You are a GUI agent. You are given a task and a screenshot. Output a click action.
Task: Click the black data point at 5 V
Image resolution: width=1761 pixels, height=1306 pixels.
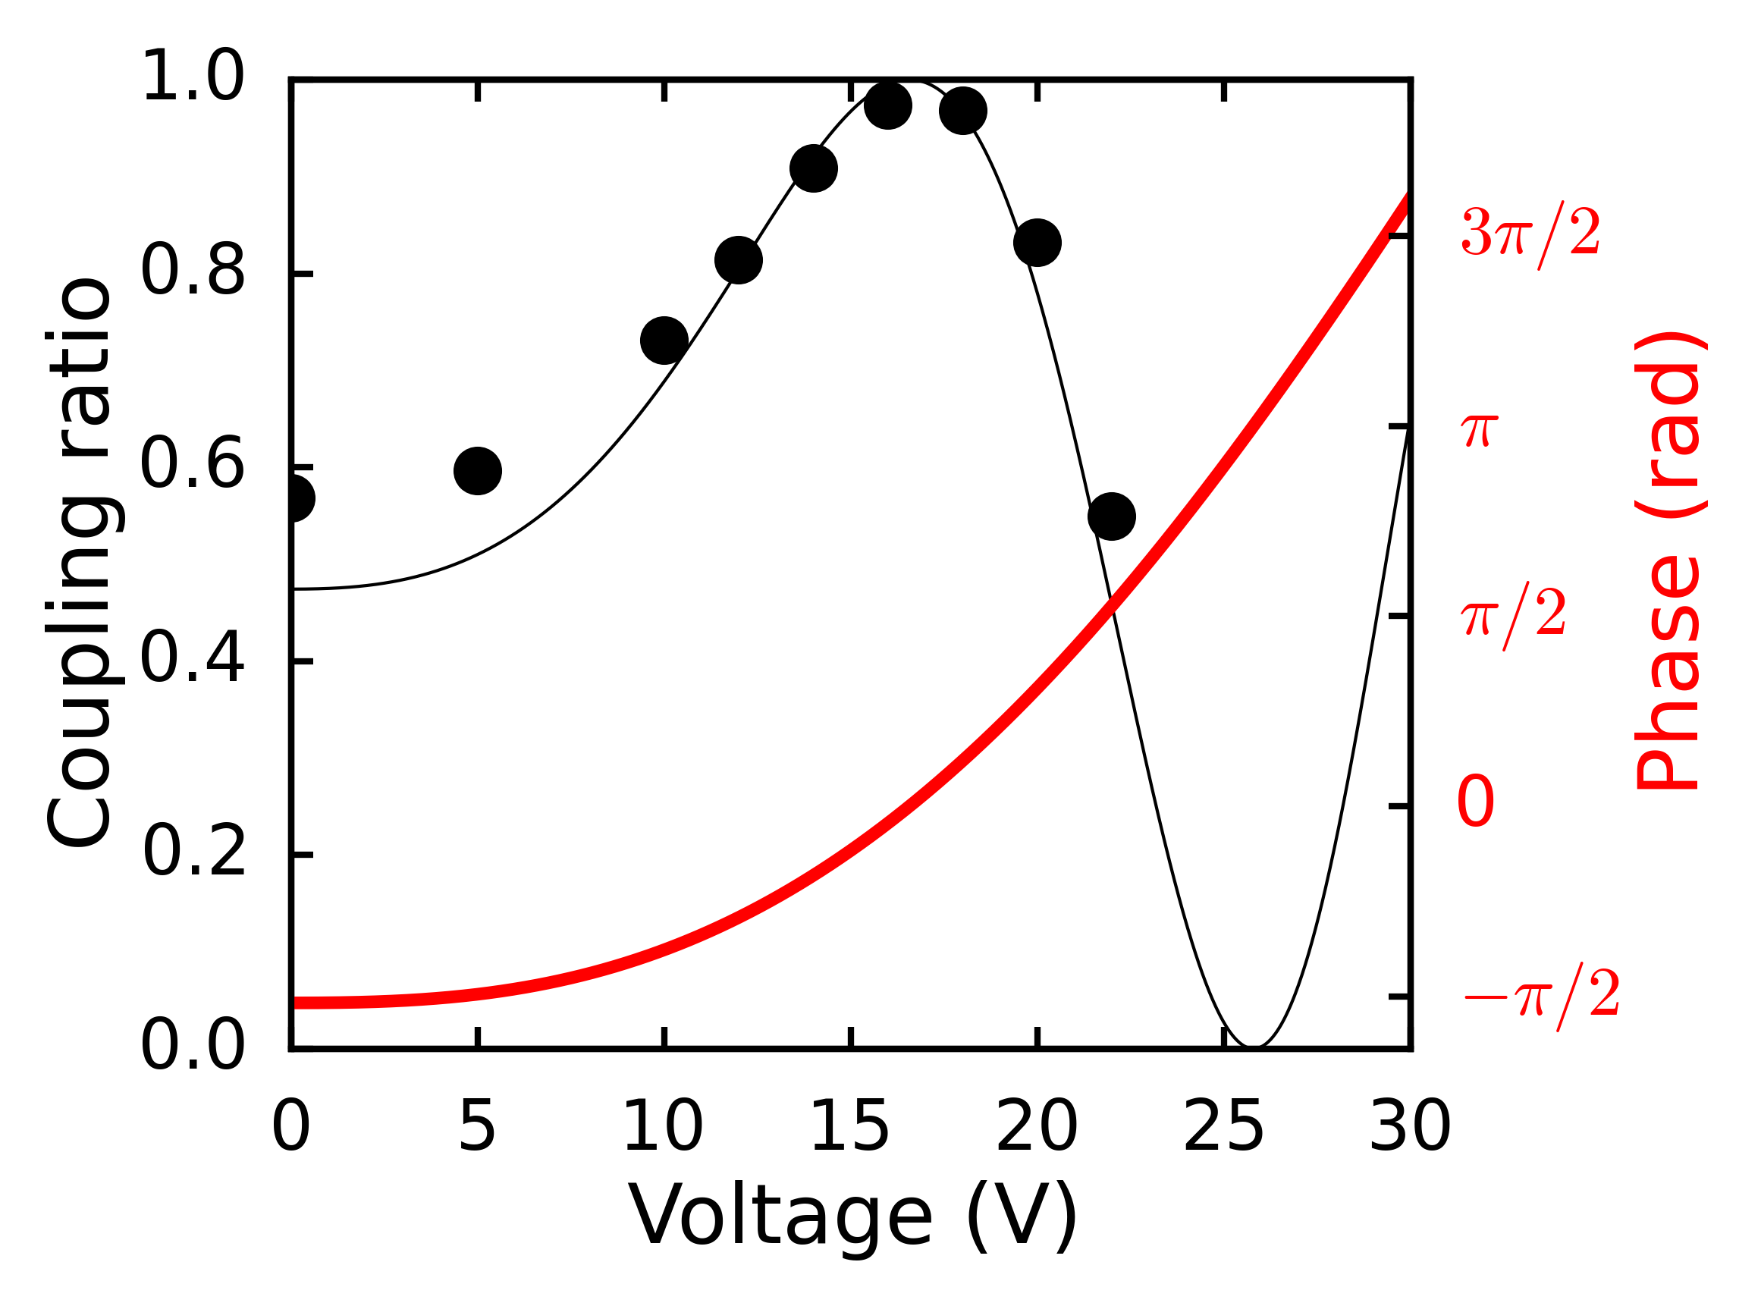[477, 471]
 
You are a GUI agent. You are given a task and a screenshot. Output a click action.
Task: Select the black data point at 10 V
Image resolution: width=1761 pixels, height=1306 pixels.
[664, 341]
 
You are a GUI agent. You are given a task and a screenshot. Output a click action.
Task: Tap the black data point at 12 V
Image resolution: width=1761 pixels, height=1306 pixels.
[738, 259]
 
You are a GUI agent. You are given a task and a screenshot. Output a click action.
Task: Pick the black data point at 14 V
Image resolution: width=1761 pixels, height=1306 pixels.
[813, 168]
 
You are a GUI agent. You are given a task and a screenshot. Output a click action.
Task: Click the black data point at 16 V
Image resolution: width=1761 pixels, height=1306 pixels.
[887, 106]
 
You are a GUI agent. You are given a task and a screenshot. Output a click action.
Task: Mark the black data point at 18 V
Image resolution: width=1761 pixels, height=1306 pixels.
[962, 111]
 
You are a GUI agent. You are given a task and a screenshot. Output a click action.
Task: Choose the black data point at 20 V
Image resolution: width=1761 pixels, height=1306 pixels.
[1037, 243]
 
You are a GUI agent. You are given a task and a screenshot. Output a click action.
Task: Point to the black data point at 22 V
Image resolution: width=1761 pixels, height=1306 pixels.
[1111, 516]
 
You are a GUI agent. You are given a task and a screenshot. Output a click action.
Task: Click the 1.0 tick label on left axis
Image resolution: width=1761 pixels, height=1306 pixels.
[193, 77]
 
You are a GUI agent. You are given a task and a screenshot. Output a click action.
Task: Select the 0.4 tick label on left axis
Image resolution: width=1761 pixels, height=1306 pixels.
[193, 658]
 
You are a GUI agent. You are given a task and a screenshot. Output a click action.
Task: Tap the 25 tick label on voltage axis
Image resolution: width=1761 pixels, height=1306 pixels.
[1223, 1127]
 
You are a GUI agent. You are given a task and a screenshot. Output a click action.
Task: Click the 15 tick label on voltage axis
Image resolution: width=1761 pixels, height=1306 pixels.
[849, 1127]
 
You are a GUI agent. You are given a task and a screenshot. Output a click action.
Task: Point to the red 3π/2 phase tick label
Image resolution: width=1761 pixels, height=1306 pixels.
[1530, 234]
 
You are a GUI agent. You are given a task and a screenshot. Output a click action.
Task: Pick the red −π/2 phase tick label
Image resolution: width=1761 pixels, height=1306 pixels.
[1541, 995]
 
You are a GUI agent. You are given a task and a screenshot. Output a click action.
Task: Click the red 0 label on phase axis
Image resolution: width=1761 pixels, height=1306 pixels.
[1476, 802]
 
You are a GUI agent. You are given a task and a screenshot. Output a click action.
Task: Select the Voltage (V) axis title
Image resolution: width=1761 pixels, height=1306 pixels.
[851, 1217]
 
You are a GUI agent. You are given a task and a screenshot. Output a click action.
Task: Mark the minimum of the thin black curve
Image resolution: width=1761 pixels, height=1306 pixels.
[1254, 1047]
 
